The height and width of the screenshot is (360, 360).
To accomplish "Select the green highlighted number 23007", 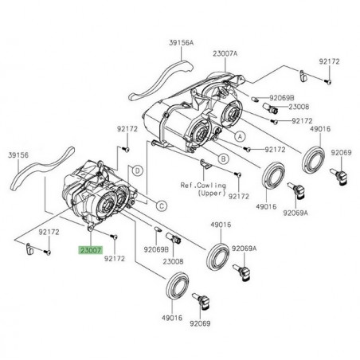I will tap(90, 249).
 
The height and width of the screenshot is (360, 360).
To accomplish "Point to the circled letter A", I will tap(237, 137).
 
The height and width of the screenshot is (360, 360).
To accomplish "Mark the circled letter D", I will tap(139, 170).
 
